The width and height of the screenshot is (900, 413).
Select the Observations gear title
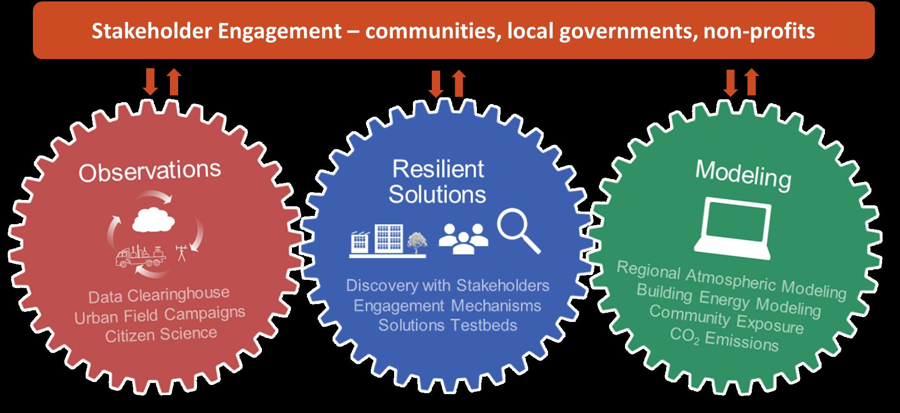[150, 171]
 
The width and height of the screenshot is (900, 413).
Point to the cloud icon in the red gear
[153, 220]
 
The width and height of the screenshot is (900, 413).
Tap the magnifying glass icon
[518, 230]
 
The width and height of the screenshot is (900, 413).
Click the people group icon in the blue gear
[463, 238]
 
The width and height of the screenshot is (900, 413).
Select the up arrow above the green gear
[751, 82]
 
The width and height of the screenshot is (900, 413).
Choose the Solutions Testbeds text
[447, 325]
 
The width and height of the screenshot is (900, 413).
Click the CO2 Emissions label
[724, 339]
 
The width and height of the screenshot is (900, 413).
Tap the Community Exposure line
[726, 319]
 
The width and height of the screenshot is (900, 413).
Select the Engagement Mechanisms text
[447, 306]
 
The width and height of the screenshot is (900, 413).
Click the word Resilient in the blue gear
[438, 169]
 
